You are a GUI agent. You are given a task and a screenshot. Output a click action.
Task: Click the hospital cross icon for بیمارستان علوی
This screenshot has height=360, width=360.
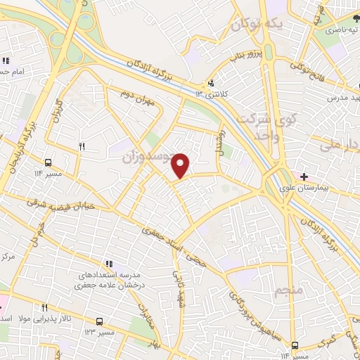[304, 176]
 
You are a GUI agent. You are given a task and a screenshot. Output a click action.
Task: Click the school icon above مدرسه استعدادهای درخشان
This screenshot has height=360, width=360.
[108, 263]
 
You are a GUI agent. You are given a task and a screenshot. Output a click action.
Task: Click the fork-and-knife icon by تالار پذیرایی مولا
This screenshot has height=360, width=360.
[44, 307]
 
